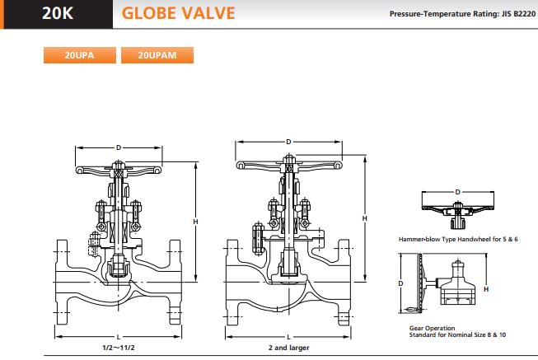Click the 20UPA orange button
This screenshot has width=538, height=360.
click(x=80, y=55)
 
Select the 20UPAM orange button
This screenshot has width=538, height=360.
click(x=157, y=55)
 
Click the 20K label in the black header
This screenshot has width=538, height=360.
click(x=58, y=13)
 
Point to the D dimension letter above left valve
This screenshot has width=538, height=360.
click(x=119, y=147)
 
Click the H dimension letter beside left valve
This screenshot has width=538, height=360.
click(x=195, y=222)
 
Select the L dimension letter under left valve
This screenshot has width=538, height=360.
click(x=119, y=337)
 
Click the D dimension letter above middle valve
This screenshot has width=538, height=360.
click(x=288, y=142)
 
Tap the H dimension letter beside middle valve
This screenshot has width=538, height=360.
click(x=364, y=218)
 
